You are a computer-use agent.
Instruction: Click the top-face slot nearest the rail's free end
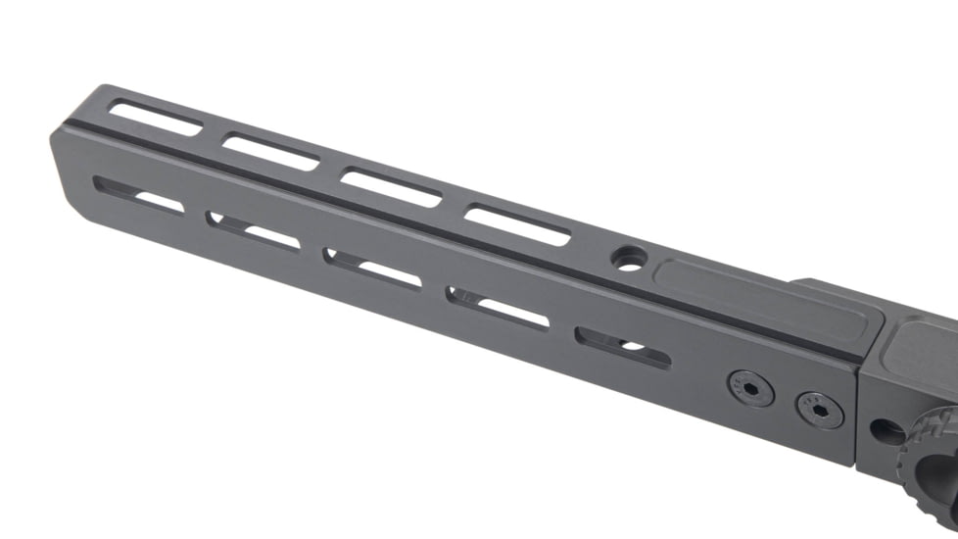(156, 118)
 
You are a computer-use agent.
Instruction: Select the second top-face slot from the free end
(271, 152)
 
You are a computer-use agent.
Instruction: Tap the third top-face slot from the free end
(390, 187)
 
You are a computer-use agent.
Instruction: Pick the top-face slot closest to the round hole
(516, 224)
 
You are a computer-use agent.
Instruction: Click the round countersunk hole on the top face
(628, 258)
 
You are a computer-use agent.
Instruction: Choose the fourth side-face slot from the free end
(498, 307)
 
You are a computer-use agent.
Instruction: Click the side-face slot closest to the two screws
(623, 347)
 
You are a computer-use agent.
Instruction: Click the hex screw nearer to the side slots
(749, 390)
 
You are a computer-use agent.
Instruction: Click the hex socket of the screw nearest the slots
(749, 390)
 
